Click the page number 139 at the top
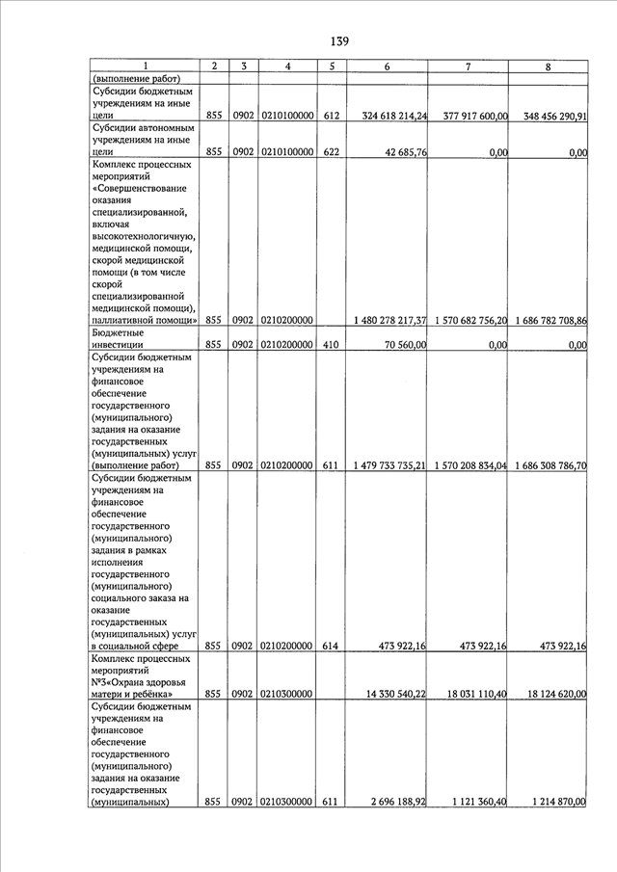[x=338, y=41]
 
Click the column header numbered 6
[x=387, y=66]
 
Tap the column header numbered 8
[x=548, y=66]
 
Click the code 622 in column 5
[x=331, y=152]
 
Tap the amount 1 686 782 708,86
[x=551, y=320]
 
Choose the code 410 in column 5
[x=331, y=344]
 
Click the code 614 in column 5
[x=331, y=647]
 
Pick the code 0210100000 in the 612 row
[x=286, y=116]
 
